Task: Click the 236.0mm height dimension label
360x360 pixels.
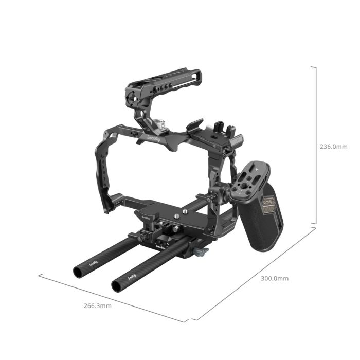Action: click(333, 147)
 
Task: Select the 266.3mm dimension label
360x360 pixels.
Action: click(98, 305)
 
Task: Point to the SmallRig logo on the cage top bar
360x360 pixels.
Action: click(153, 137)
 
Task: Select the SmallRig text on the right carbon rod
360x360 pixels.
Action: click(132, 276)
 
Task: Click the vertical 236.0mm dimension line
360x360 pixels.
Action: click(316, 147)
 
